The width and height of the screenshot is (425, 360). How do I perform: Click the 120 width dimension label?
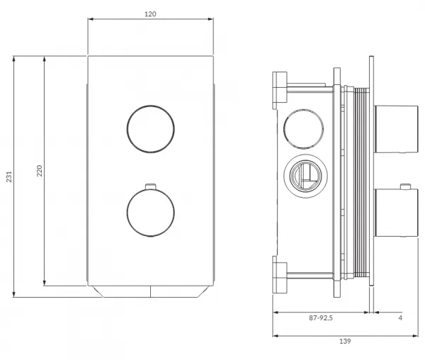point(150,14)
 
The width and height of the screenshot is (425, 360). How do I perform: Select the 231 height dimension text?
point(9,176)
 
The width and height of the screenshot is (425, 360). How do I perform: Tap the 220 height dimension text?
point(40,171)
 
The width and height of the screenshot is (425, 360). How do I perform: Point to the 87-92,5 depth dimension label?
point(321,317)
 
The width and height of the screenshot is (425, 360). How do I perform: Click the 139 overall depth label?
point(345,341)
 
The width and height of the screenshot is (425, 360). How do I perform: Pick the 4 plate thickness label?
point(400,317)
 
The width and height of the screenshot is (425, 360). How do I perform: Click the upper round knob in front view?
point(151,129)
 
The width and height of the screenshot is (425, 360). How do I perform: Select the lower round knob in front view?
point(151,213)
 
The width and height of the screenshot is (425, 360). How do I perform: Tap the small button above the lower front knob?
point(151,186)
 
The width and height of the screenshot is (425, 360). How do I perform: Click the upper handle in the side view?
point(396,129)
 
